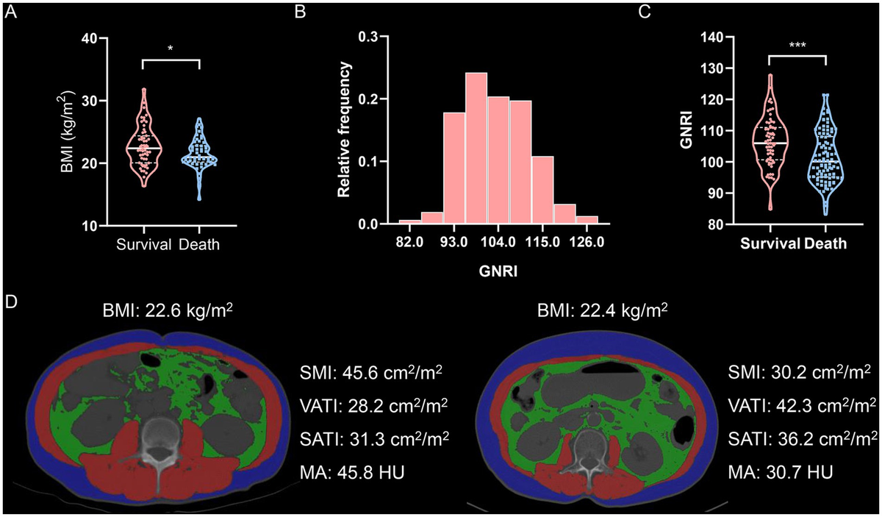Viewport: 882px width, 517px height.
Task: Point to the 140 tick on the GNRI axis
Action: coord(687,37)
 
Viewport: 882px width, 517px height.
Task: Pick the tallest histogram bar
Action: coord(476,148)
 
